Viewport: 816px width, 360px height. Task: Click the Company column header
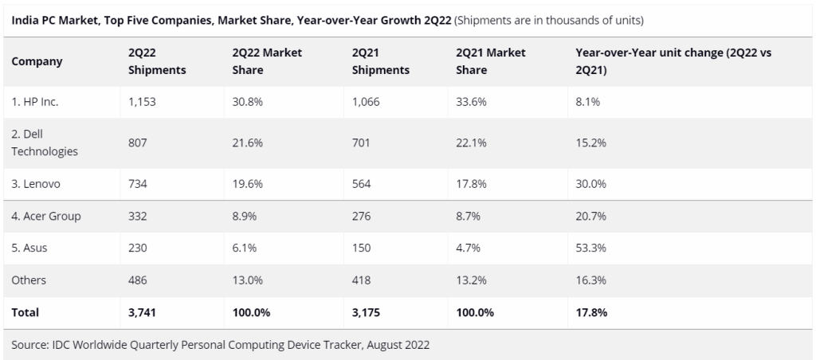[37, 61]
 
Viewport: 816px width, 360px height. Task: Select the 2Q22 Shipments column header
[156, 61]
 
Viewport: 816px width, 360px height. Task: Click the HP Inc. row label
[35, 103]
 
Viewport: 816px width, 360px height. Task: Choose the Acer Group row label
[46, 216]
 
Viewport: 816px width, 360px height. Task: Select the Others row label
[29, 280]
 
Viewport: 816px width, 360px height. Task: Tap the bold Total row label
[25, 312]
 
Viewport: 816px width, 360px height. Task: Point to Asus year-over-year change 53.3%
[590, 248]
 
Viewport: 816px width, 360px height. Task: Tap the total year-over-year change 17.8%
[591, 312]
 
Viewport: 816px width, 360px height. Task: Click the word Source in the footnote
[30, 345]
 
